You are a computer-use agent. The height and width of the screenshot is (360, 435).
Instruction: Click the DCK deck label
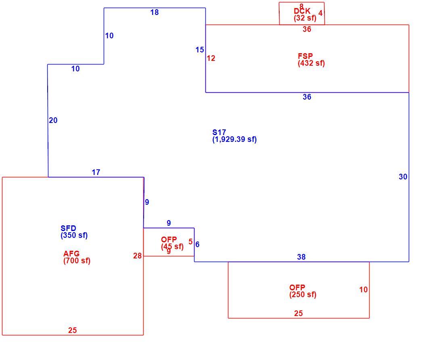coord(302,11)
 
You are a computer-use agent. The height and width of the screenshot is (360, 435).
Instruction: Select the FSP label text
coord(305,56)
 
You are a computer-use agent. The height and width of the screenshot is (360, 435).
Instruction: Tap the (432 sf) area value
coord(311,63)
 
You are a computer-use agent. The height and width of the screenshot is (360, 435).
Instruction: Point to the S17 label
coord(219,132)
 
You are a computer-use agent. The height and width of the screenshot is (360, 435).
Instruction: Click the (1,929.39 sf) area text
coord(235,139)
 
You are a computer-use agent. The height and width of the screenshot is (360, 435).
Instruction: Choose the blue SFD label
coord(68,228)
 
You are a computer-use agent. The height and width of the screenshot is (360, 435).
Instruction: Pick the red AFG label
coord(71,254)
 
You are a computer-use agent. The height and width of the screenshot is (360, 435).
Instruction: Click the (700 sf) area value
coord(77,261)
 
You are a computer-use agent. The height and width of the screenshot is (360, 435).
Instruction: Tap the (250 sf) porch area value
coord(303,295)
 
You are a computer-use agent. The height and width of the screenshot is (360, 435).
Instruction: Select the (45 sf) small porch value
coord(172,246)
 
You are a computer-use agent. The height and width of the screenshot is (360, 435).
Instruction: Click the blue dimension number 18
coord(155,12)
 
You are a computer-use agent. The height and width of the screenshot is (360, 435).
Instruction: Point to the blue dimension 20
coord(53,120)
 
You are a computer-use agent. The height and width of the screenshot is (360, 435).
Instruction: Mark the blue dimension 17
coord(96,173)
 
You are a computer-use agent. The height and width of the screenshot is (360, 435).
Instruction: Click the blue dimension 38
coord(301,257)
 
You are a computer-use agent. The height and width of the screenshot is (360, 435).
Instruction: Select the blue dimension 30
coord(403,177)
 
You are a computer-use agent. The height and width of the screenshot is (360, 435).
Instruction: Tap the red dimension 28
coord(137,256)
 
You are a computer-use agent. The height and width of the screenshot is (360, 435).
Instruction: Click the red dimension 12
coord(211,58)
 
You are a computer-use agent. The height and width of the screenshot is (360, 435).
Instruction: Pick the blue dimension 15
coord(200,50)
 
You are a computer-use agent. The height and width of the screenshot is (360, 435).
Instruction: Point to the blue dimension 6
coord(197,244)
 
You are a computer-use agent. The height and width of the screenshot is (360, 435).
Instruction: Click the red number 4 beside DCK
coord(320,13)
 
